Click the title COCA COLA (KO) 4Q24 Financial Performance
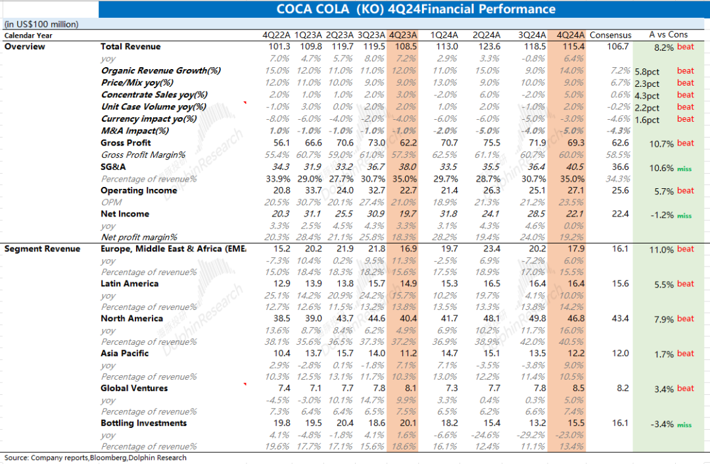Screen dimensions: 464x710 (415, 9)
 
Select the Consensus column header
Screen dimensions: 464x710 (610, 35)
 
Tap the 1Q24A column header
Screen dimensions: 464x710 (444, 35)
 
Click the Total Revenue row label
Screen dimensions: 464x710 (130, 47)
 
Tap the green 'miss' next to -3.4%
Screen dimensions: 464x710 (684, 425)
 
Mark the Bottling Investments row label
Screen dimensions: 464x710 (143, 423)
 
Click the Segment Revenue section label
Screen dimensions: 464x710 (42, 249)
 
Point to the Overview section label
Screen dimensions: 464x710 (25, 47)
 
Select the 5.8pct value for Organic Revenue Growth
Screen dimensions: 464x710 (648, 71)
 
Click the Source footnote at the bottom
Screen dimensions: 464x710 (95, 457)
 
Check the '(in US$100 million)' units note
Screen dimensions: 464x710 (41, 24)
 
